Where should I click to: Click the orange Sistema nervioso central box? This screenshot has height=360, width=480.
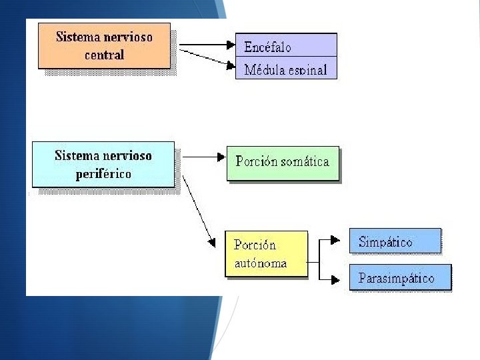coord(104,45)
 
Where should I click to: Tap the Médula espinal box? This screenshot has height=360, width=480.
coord(286,69)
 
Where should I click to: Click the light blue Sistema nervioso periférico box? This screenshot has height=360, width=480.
coord(103,165)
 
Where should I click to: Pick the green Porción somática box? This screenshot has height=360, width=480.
coord(283,163)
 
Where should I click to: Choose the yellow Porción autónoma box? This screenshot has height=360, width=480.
coord(266,254)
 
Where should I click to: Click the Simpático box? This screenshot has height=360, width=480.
coord(395,241)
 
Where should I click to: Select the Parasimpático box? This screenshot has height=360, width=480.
coord(400,277)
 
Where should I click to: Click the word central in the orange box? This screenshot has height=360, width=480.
coord(104,55)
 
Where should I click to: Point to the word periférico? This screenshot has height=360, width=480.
coord(103,174)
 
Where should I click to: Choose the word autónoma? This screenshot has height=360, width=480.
coord(261,263)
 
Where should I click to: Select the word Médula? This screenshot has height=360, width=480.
coord(262,69)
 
